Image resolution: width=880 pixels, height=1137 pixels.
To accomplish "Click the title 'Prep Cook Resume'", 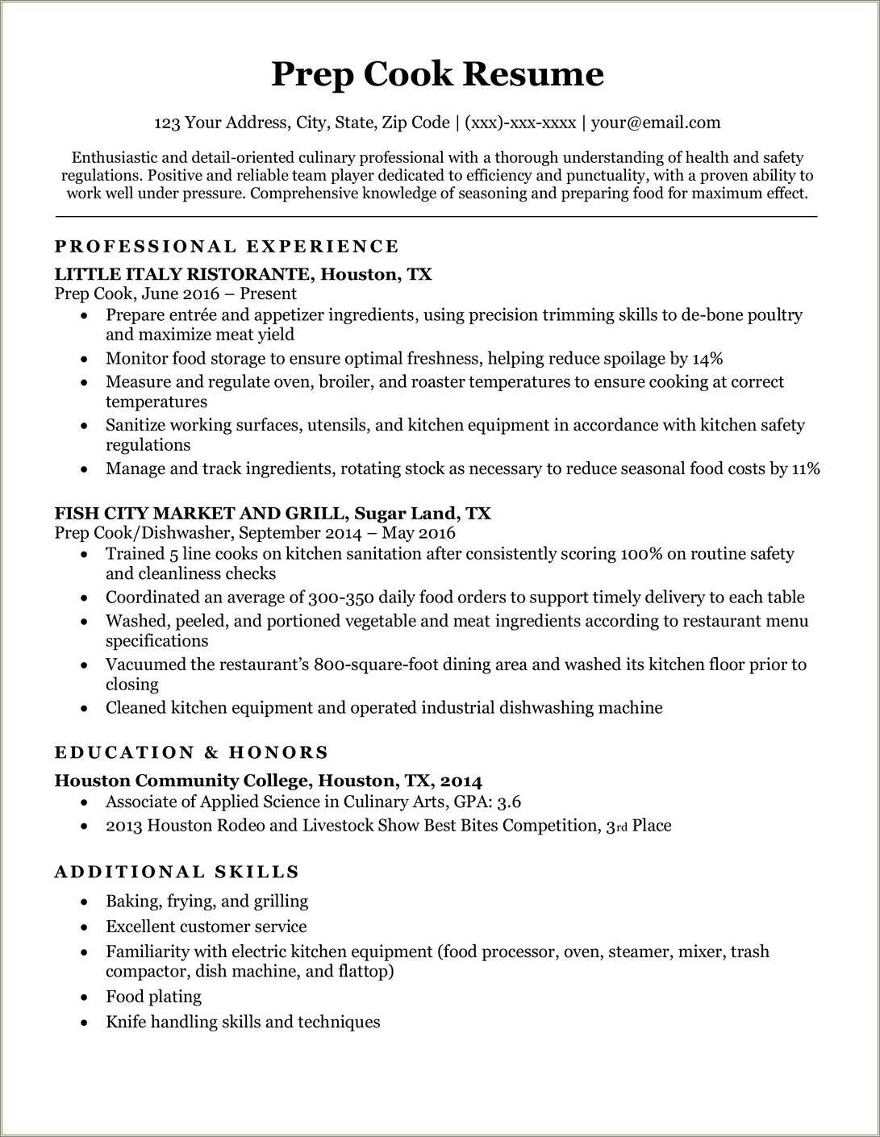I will (437, 74).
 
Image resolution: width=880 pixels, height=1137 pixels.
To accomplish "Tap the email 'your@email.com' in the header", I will (655, 123).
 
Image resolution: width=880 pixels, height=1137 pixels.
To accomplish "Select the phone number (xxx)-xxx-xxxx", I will (520, 123).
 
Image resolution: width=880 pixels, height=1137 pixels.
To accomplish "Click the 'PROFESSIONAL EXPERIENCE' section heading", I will (227, 247).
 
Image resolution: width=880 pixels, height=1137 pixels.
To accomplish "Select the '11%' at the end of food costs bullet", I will (806, 469).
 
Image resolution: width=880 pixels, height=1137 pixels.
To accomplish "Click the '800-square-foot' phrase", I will (379, 664).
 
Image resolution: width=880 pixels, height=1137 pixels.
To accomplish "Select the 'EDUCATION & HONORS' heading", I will (191, 753).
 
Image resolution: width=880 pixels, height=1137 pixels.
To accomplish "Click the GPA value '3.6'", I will (509, 802).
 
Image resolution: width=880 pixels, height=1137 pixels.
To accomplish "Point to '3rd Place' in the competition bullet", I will (638, 826).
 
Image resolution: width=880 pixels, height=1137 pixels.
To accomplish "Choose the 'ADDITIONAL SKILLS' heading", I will (177, 873).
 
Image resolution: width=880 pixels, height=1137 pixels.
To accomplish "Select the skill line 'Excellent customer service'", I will (206, 927).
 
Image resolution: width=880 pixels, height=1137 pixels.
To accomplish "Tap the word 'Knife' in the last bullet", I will (126, 1022).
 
